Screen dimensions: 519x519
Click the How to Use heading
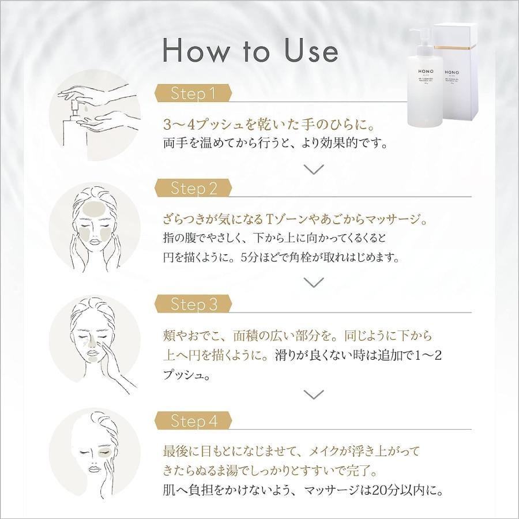(x=250, y=51)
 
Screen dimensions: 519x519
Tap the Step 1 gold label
(x=193, y=93)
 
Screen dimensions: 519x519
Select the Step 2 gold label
(x=194, y=188)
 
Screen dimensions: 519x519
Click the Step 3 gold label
(x=194, y=304)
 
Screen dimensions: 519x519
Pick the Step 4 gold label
(x=194, y=421)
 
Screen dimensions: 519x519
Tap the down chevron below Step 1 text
(x=314, y=168)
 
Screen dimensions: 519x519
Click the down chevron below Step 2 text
(x=314, y=282)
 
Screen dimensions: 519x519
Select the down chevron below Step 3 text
(x=314, y=395)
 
